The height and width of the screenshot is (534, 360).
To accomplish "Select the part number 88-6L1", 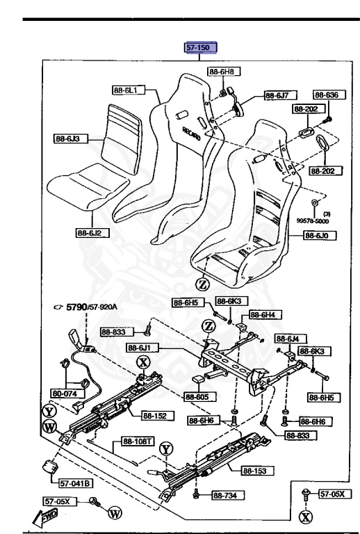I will point(127,89).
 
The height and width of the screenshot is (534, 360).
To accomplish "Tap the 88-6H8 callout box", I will point(222,72).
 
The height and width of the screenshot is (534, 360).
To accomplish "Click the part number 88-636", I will point(325,95).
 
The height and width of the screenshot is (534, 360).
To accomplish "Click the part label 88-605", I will point(199,397).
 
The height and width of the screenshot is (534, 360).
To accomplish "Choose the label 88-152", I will point(156,416).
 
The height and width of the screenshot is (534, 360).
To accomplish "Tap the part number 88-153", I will point(256,471).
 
